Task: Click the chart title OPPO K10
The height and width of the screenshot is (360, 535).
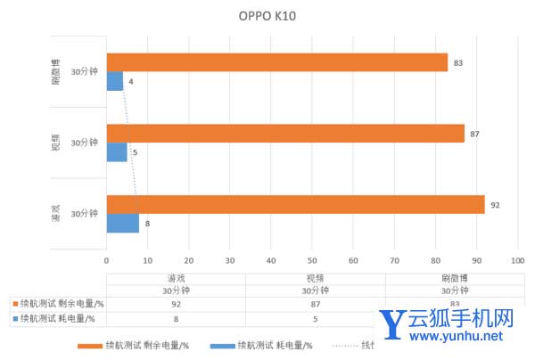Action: click(267, 15)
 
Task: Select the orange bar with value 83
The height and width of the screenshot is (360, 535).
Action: click(276, 62)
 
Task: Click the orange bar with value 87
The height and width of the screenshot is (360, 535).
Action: click(285, 134)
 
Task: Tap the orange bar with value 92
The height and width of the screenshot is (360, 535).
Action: click(295, 205)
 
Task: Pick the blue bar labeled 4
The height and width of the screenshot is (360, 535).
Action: click(115, 81)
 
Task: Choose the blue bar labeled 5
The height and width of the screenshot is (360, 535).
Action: click(117, 152)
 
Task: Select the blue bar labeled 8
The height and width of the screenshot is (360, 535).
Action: click(123, 223)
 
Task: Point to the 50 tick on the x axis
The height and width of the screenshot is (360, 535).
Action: click(312, 260)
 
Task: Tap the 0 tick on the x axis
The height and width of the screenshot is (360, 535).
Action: click(107, 260)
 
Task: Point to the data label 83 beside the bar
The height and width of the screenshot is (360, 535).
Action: click(457, 62)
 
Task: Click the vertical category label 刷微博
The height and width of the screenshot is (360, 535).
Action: click(55, 71)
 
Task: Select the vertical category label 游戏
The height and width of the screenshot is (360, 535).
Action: click(55, 214)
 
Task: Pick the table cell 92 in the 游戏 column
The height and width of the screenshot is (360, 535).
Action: click(176, 304)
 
